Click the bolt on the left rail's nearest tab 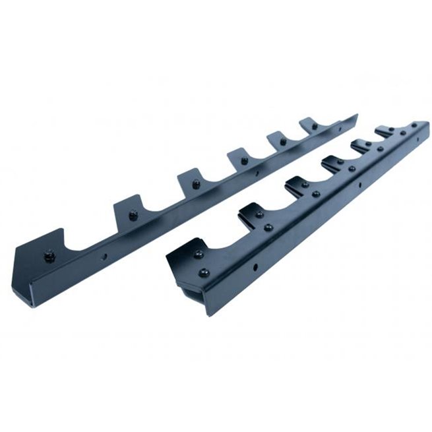[49, 255]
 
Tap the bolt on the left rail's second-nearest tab [134, 215]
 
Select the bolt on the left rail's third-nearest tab [195, 185]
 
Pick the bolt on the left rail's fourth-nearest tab [244, 160]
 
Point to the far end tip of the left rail [356, 117]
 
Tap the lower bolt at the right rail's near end [204, 272]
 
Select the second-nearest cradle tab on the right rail [254, 211]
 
